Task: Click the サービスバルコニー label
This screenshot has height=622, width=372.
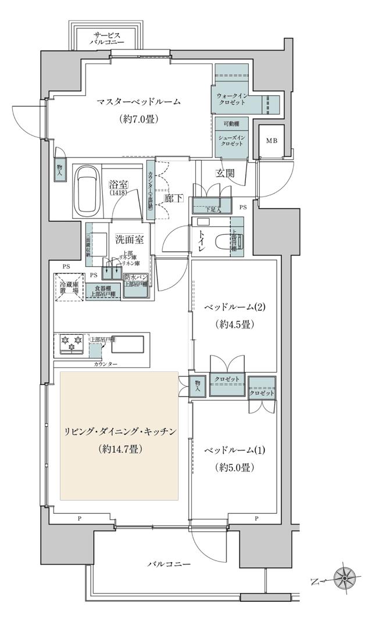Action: point(106,38)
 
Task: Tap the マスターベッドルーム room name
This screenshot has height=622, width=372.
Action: point(139,102)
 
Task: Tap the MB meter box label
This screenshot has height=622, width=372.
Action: point(271,141)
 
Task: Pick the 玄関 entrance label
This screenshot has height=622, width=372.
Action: point(226,173)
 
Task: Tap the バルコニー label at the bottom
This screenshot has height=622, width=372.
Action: point(169,564)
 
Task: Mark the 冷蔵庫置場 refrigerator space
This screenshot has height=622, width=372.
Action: point(70,285)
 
